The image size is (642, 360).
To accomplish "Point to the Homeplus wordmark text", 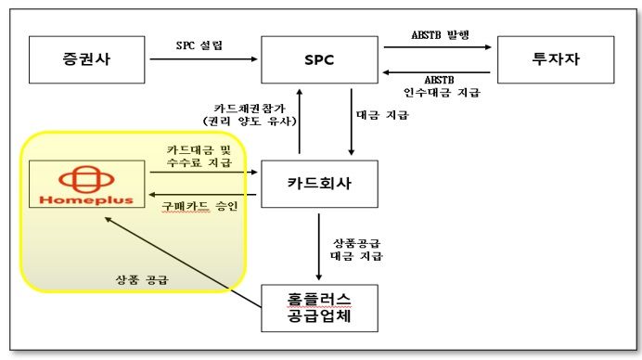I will [x=85, y=198].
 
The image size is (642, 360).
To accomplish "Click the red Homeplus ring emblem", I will [x=85, y=175].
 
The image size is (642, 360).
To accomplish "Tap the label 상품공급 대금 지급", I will [x=357, y=248].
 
